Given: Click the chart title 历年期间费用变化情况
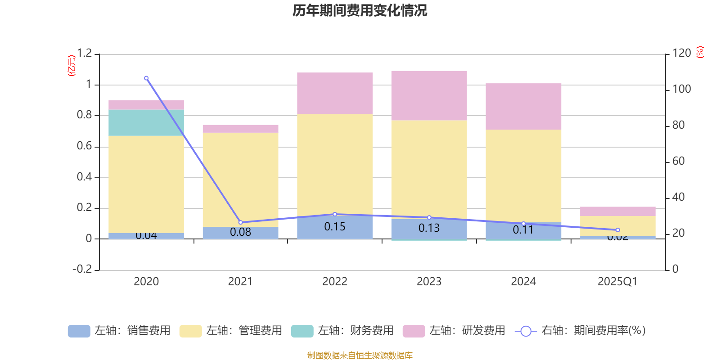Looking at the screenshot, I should pyautogui.click(x=360, y=11).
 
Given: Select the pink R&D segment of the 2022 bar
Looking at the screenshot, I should pyautogui.click(x=335, y=93).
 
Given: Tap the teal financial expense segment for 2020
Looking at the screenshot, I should pyautogui.click(x=146, y=122).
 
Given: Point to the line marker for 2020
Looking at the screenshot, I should pyautogui.click(x=146, y=78).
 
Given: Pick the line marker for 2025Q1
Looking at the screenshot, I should pyautogui.click(x=617, y=230).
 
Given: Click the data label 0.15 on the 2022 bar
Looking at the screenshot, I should pyautogui.click(x=335, y=227).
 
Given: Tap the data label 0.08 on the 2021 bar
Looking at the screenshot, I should pyautogui.click(x=240, y=232).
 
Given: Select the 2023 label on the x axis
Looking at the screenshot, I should pyautogui.click(x=429, y=282).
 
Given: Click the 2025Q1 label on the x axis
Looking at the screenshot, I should pyautogui.click(x=617, y=282).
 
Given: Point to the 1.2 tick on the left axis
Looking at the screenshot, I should pyautogui.click(x=84, y=54).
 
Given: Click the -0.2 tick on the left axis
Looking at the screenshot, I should pyautogui.click(x=82, y=269).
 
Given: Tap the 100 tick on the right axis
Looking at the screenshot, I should pyautogui.click(x=681, y=89).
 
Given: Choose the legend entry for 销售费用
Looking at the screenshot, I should pyautogui.click(x=120, y=331).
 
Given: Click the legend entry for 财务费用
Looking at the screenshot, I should pyautogui.click(x=343, y=331).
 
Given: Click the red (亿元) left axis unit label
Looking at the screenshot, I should pyautogui.click(x=71, y=66).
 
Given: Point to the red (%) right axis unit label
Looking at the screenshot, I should pyautogui.click(x=700, y=52).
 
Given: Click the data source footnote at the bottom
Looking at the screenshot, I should pyautogui.click(x=360, y=355).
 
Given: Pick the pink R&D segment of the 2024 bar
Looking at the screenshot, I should pyautogui.click(x=523, y=106).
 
